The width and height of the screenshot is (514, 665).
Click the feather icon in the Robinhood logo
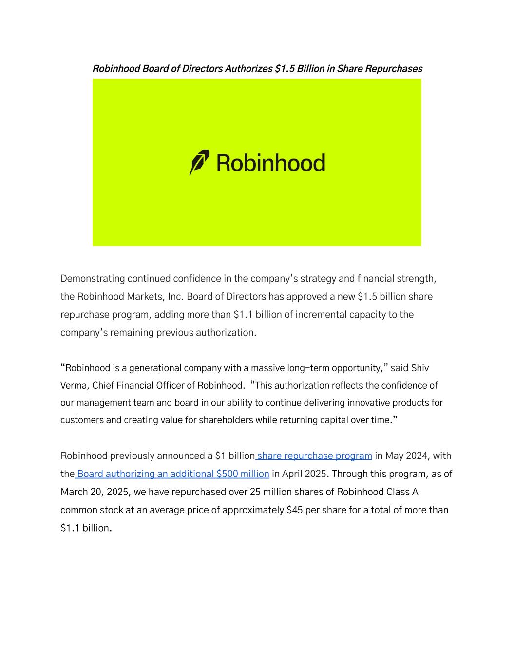coord(199,163)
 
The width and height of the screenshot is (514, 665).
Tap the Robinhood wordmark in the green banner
coord(270,163)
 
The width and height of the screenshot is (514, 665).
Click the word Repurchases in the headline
coord(394,69)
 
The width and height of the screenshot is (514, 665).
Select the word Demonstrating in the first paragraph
coord(93,279)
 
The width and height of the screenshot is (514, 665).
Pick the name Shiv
coord(420,368)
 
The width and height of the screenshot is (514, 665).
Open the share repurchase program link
coord(314,456)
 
